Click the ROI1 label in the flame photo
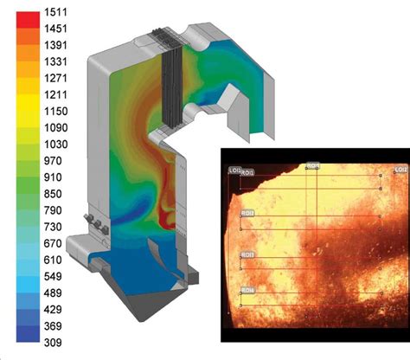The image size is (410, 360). (x=248, y=173)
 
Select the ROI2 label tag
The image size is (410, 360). (x=248, y=213)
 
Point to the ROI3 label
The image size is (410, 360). (x=248, y=255)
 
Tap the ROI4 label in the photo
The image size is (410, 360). (x=248, y=289)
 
